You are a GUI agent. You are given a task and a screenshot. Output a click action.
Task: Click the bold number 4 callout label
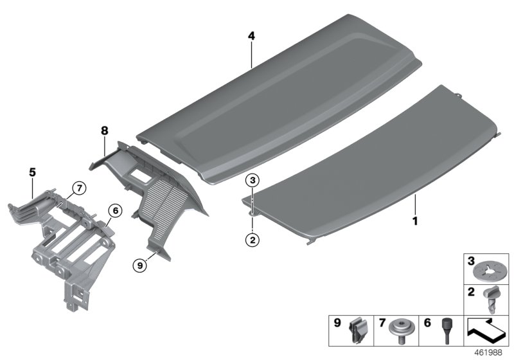pyautogui.click(x=251, y=37)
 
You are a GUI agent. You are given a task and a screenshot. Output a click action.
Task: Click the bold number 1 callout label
pyautogui.click(x=415, y=221)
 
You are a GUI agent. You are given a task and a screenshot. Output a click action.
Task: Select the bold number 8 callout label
pyautogui.click(x=103, y=130)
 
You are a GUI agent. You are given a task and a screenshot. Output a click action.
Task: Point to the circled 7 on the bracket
pyautogui.click(x=78, y=188)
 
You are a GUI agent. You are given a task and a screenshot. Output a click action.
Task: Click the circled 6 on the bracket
pyautogui.click(x=114, y=210)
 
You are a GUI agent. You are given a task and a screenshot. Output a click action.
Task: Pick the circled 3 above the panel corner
pyautogui.click(x=253, y=180)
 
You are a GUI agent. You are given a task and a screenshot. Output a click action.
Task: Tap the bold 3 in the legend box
pyautogui.click(x=471, y=262)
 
